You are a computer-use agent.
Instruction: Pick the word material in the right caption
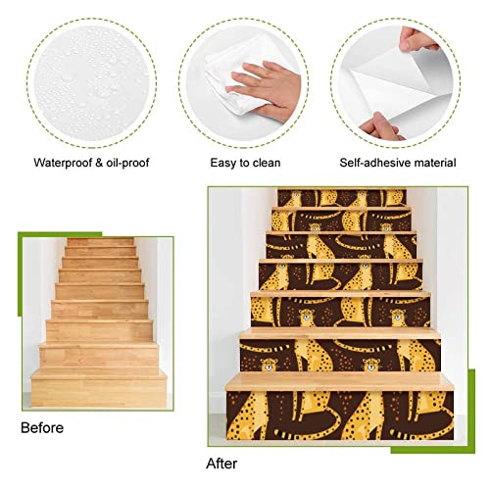439,164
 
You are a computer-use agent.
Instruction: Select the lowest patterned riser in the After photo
339,412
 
